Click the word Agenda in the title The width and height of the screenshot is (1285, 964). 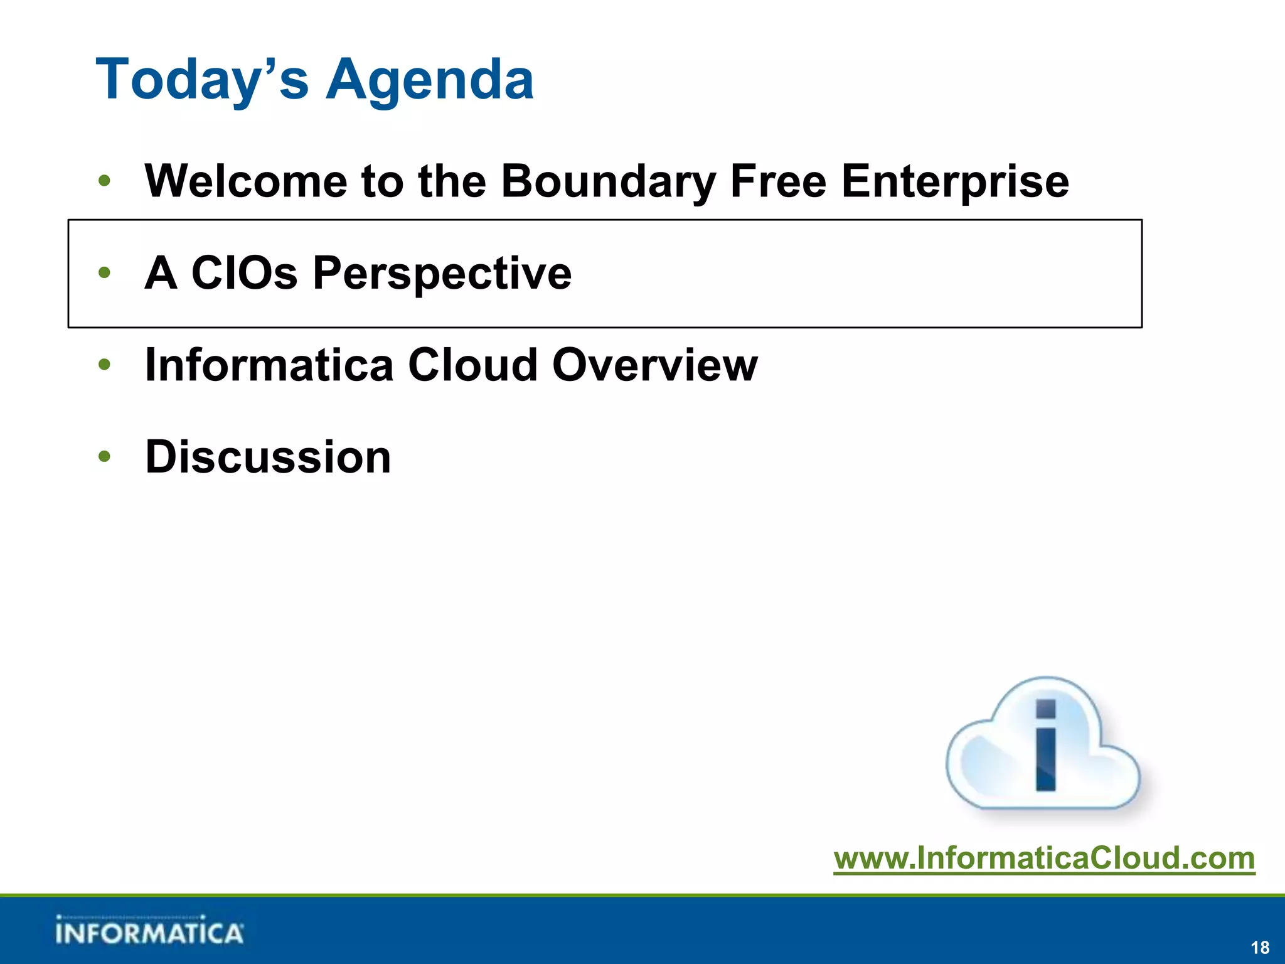430,80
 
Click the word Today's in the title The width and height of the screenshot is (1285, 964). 202,80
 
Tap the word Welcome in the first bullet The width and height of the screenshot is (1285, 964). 245,181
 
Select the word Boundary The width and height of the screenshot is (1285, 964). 608,181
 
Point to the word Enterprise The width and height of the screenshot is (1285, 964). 954,181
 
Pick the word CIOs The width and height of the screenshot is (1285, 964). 244,273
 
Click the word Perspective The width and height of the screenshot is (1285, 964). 442,273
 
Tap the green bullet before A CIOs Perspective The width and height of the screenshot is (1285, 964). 105,273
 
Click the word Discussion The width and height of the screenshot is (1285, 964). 268,457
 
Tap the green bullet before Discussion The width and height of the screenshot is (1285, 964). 105,457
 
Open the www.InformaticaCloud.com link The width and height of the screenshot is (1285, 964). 1044,857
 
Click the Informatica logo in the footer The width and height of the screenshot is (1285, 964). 149,931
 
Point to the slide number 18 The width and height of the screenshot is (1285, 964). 1260,947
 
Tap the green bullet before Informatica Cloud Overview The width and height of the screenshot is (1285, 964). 105,365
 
